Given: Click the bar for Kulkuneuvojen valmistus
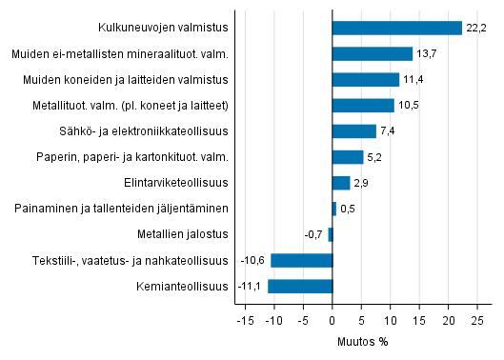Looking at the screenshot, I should point(396,28).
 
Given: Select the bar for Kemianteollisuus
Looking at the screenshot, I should point(300,286).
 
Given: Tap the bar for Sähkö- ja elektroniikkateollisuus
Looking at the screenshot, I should point(354,130).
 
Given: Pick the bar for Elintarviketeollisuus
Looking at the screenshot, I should point(341,182).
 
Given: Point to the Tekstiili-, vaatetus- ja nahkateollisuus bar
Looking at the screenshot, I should point(301,260).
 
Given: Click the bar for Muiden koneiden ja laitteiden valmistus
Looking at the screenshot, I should point(366,79).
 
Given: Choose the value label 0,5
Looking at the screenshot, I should point(348,209).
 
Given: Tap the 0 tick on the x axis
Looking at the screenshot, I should point(333,319).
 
